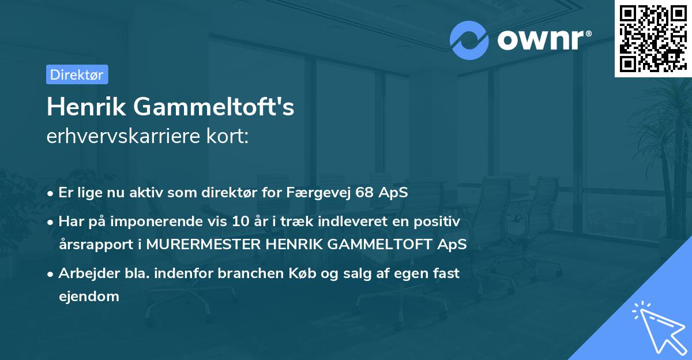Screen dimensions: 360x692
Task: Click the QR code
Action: (653, 39)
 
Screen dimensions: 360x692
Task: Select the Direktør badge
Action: (77, 74)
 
